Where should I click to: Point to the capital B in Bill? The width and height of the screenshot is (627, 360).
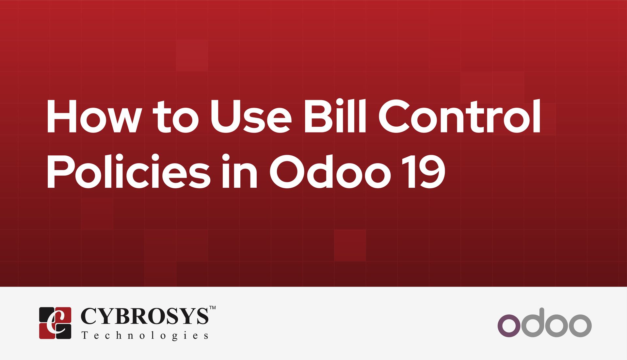(316, 117)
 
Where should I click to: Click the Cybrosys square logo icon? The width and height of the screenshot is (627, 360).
(55, 323)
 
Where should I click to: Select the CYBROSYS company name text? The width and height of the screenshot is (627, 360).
(144, 316)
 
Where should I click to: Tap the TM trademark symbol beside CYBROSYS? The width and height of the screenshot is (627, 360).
(212, 308)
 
